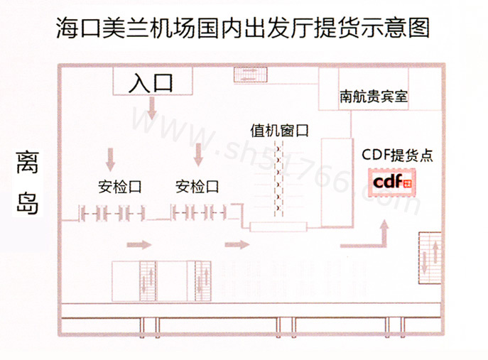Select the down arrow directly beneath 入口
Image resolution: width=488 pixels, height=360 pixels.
(151, 109)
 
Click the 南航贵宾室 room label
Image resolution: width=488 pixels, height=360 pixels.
(374, 96)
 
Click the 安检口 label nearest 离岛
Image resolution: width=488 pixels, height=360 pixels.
(119, 187)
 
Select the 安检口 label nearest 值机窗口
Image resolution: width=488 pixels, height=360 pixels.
(197, 187)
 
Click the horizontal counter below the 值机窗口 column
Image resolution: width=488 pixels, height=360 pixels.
(279, 227)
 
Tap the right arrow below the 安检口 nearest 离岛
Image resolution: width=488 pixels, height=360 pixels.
(139, 245)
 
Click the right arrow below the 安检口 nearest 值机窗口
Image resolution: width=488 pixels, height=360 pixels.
(237, 245)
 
